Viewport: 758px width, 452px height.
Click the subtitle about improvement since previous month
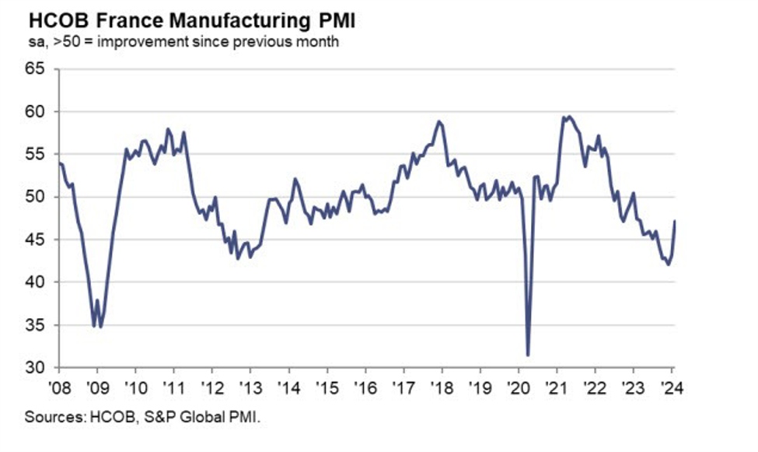coord(183,42)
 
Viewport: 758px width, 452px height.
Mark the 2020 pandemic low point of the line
coord(529,355)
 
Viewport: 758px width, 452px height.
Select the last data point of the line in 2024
coord(674,221)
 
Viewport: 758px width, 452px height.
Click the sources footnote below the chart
coord(142,418)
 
